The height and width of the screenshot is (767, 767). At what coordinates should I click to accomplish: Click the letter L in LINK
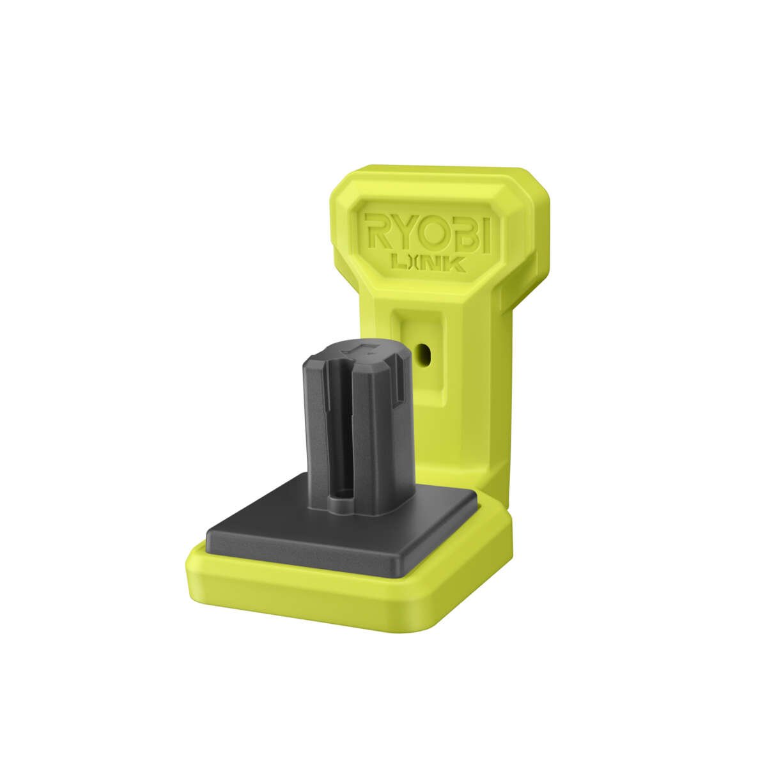[397, 262]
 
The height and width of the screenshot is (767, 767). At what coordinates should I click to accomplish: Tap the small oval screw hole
[422, 352]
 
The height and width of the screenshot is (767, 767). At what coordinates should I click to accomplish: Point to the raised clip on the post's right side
[397, 383]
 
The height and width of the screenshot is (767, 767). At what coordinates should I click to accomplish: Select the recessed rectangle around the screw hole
[419, 358]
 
